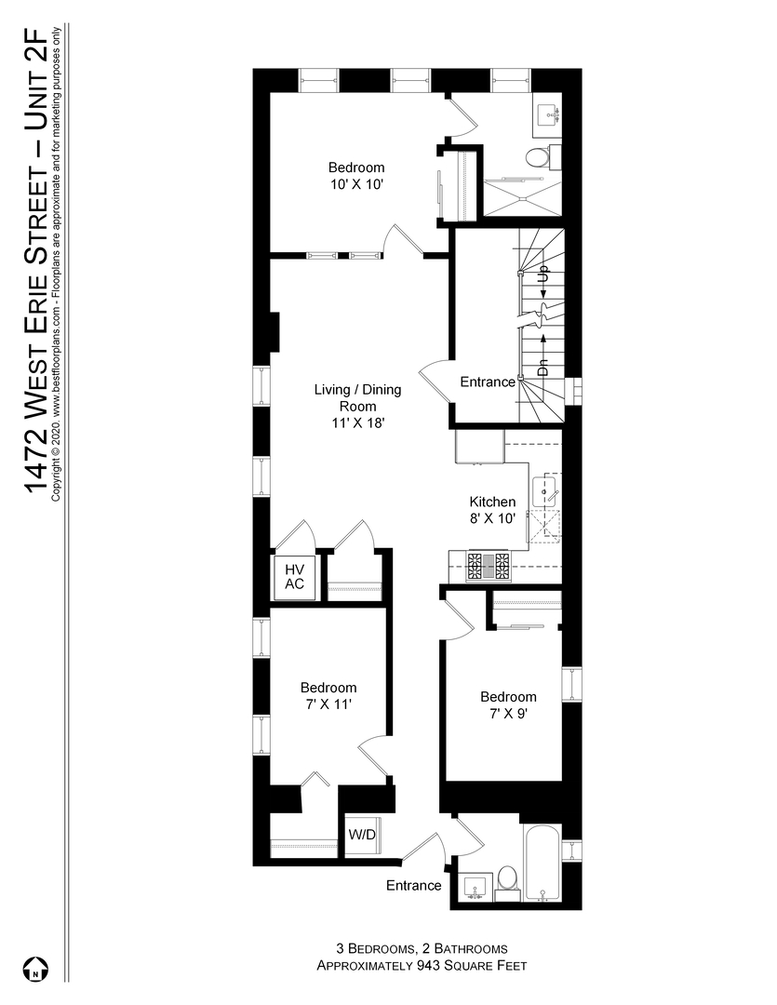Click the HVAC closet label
coord(295,576)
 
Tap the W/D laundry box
coord(362,835)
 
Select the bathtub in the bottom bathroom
coord(542,862)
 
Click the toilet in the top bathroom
coord(537,157)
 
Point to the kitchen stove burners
coord(489,564)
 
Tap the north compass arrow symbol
coord(34,969)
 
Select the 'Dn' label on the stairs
coord(543,366)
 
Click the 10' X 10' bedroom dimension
coord(356,184)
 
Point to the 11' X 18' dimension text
coord(356,422)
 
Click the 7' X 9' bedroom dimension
coord(508,714)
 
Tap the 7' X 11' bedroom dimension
coord(328,704)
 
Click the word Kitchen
coord(492,502)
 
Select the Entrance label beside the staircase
coord(488,382)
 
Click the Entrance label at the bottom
coord(413,885)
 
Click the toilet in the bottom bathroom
coord(507,878)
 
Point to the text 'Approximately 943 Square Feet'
coord(422,966)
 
